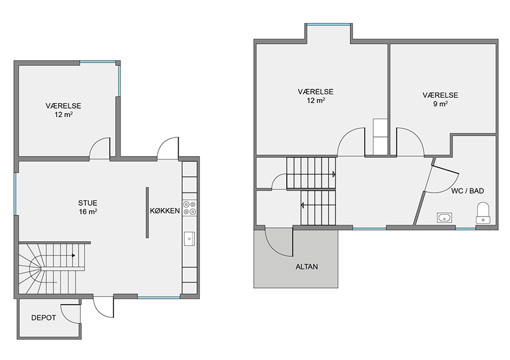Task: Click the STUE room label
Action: (88, 203)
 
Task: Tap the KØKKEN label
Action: (165, 211)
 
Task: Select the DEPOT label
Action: (44, 318)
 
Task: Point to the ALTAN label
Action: (307, 266)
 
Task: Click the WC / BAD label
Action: (467, 191)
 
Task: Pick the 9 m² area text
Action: (440, 104)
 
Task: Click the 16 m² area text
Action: (88, 212)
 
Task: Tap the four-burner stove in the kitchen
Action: (189, 208)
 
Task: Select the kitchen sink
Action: (189, 238)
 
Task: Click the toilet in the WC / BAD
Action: (483, 213)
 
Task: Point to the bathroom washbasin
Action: (445, 218)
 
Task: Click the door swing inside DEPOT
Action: (70, 314)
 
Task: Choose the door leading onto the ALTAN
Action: (279, 242)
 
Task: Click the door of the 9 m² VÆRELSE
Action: (410, 142)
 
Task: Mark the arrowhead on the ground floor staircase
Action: (74, 256)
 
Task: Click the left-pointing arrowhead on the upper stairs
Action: (302, 206)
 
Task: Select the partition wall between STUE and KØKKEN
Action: (147, 212)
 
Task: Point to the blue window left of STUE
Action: (15, 194)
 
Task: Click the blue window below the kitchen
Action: (159, 297)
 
